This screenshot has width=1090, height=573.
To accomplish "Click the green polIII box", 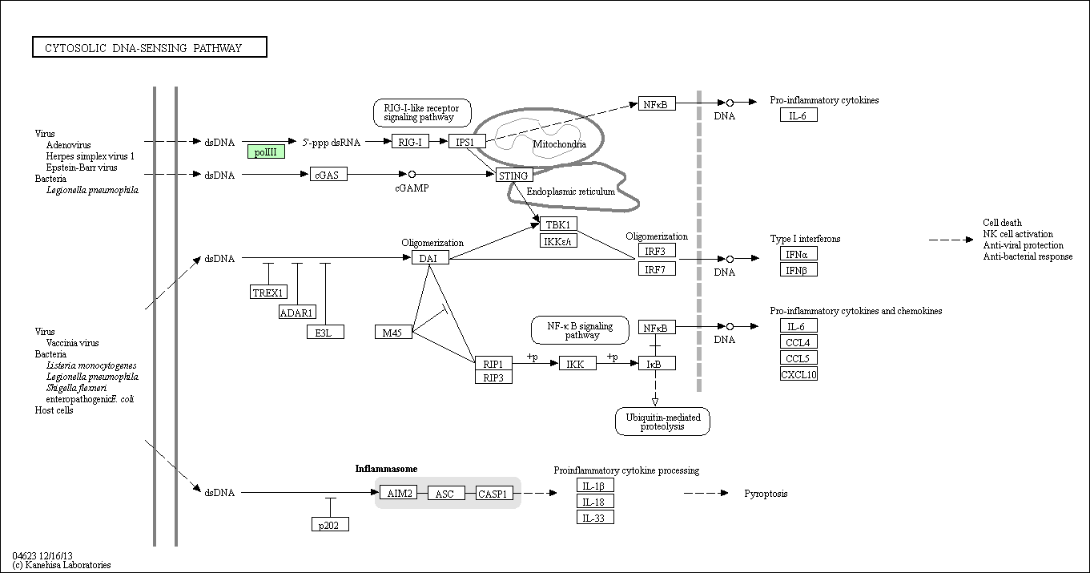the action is pyautogui.click(x=266, y=152).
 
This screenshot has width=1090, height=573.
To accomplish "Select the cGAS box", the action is pyautogui.click(x=328, y=174).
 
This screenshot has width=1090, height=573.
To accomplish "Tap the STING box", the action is pyautogui.click(x=514, y=176).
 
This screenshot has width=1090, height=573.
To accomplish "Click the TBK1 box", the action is pyautogui.click(x=558, y=224).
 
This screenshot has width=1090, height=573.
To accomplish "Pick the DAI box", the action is pyautogui.click(x=430, y=258).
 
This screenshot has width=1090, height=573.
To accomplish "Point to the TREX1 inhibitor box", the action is pyautogui.click(x=268, y=292).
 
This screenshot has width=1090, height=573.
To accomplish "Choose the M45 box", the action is pyautogui.click(x=394, y=332).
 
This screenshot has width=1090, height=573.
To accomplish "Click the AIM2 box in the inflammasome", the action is pyautogui.click(x=399, y=493).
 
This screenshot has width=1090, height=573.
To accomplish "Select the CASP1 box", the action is pyautogui.click(x=494, y=493).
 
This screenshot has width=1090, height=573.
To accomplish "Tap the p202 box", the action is pyautogui.click(x=331, y=524).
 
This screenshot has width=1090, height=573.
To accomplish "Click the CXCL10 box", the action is pyautogui.click(x=798, y=374).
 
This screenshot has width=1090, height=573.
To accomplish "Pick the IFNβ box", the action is pyautogui.click(x=798, y=270).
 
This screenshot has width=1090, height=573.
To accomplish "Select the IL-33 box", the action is pyautogui.click(x=595, y=517).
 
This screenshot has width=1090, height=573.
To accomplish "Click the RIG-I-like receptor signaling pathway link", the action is pyautogui.click(x=422, y=113).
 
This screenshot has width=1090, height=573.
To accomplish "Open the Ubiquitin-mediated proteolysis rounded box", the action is pyautogui.click(x=662, y=422).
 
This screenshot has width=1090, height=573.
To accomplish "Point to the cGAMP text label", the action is pyautogui.click(x=412, y=188).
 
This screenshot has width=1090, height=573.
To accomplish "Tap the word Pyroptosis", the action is pyautogui.click(x=766, y=494).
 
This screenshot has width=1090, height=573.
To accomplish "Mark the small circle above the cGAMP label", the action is pyautogui.click(x=412, y=174).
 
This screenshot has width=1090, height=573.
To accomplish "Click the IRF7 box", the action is pyautogui.click(x=657, y=268).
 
